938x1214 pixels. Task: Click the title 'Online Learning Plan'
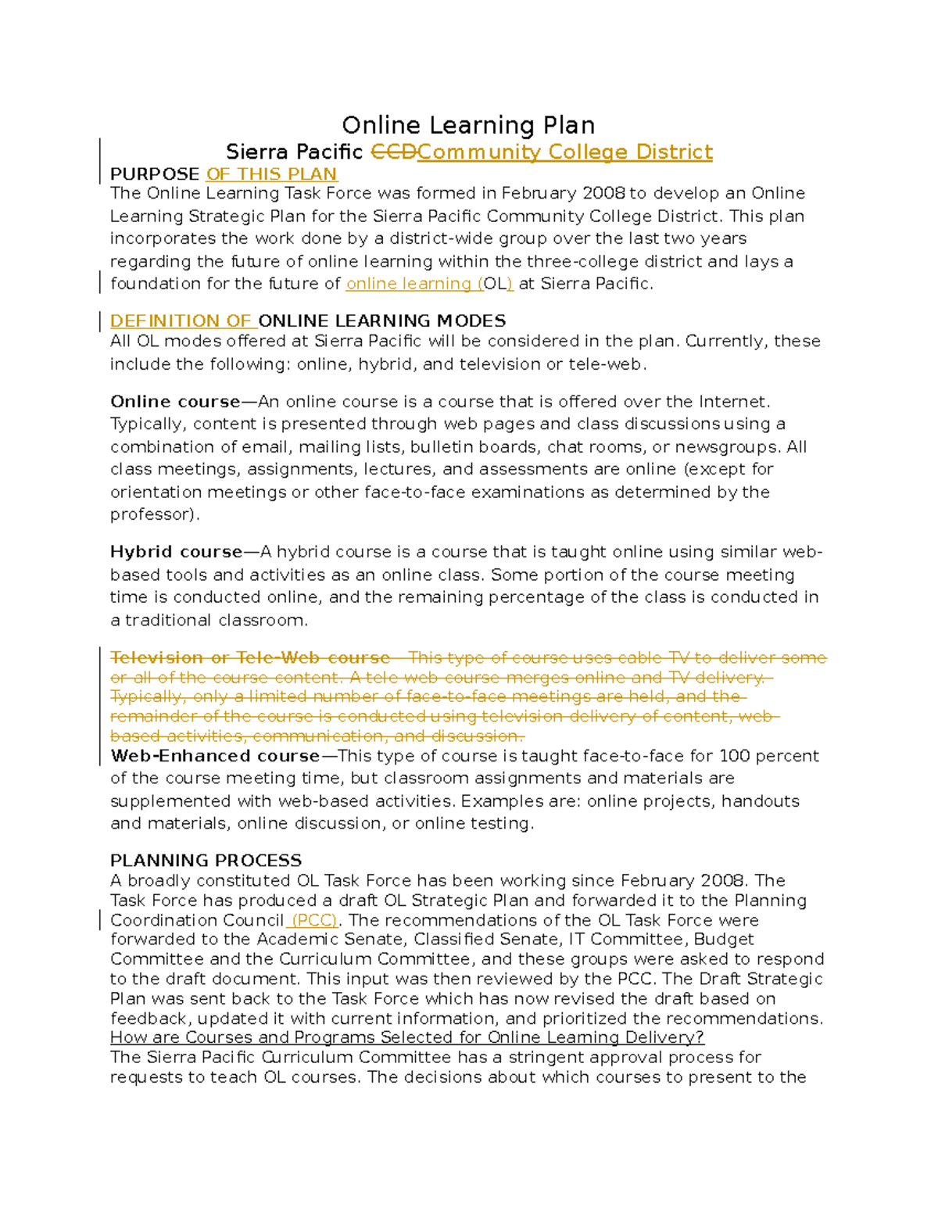(x=468, y=125)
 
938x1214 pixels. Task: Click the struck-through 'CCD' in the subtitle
(x=393, y=152)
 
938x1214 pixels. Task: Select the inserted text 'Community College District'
(x=564, y=152)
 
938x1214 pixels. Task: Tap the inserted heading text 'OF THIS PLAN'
(x=271, y=174)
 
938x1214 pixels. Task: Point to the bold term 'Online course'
(x=175, y=402)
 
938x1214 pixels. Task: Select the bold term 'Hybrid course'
(x=176, y=552)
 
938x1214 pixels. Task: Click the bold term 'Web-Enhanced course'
(x=215, y=756)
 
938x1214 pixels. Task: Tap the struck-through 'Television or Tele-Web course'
(x=250, y=657)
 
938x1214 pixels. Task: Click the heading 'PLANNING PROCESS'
(x=206, y=861)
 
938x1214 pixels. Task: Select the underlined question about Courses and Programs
(x=406, y=1037)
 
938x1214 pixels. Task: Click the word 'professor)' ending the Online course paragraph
(x=154, y=514)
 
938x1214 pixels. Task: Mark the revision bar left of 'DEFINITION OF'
(x=100, y=321)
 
